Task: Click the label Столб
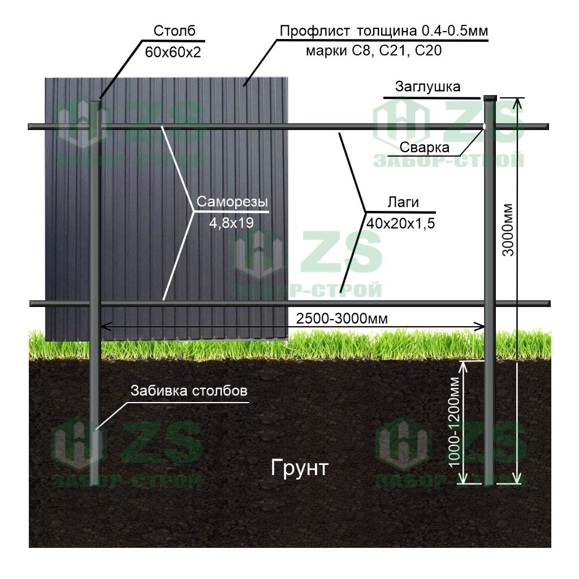pyautogui.click(x=174, y=31)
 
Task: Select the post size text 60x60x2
pyautogui.click(x=173, y=53)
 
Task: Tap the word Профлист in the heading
pyautogui.click(x=314, y=32)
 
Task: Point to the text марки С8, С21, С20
pyautogui.click(x=374, y=51)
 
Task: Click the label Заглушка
pyautogui.click(x=427, y=87)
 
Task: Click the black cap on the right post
pyautogui.click(x=490, y=98)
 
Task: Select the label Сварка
pyautogui.click(x=424, y=148)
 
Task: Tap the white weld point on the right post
pyautogui.click(x=484, y=127)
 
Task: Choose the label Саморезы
pyautogui.click(x=232, y=202)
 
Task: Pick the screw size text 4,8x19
pyautogui.click(x=231, y=223)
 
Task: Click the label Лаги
pyautogui.click(x=403, y=202)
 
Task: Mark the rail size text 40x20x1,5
pyautogui.click(x=401, y=223)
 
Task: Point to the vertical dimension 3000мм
pyautogui.click(x=508, y=230)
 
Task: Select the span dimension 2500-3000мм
pyautogui.click(x=342, y=319)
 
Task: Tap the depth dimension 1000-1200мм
pyautogui.click(x=454, y=422)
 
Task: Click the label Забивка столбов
pyautogui.click(x=189, y=391)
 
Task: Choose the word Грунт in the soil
pyautogui.click(x=300, y=468)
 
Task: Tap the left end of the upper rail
pyautogui.click(x=29, y=127)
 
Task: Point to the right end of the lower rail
pyautogui.click(x=549, y=304)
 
